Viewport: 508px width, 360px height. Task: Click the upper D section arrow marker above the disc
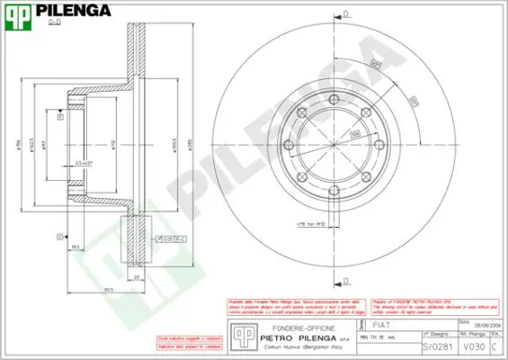345,14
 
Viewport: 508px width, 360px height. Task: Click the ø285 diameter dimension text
190,148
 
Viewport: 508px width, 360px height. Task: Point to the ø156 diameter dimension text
19,148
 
